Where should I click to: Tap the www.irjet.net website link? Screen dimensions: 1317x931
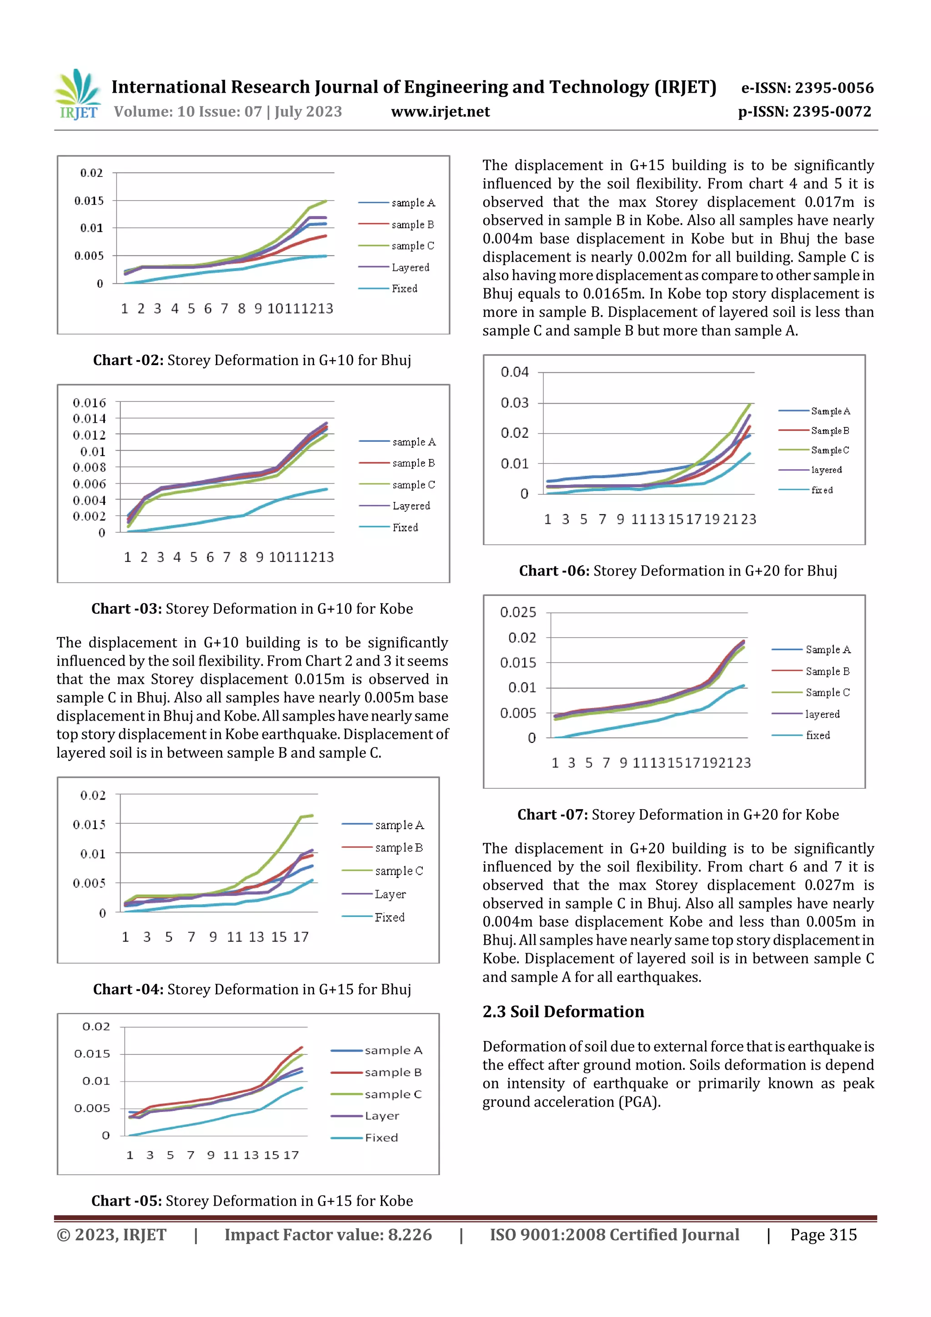click(440, 112)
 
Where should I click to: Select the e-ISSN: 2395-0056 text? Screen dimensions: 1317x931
click(807, 88)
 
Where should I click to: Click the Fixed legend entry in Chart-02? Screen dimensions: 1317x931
click(404, 289)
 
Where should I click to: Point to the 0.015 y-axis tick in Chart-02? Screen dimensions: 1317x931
click(89, 201)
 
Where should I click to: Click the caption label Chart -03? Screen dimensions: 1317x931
click(126, 609)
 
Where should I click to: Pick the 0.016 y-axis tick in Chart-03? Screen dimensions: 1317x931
click(89, 403)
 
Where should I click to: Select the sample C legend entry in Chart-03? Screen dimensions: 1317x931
click(413, 485)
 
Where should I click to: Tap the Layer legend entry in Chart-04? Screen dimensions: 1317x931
click(390, 894)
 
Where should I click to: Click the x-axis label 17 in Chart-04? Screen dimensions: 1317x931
click(300, 936)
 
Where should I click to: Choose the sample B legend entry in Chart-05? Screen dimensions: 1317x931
click(393, 1072)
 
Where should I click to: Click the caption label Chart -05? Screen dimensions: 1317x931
click(126, 1201)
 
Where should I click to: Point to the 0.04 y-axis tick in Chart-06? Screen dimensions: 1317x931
click(514, 372)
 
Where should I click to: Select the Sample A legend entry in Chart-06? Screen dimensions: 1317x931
click(830, 411)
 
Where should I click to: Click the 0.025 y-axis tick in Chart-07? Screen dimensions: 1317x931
click(517, 612)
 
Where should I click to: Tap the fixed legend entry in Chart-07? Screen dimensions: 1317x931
click(817, 736)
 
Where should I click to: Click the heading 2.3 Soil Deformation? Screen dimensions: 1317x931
click(563, 1011)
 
